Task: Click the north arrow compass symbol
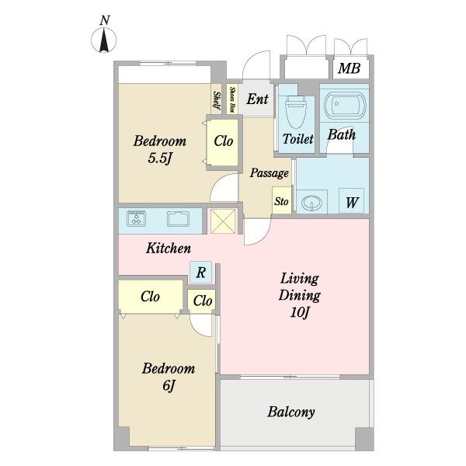tap(104, 40)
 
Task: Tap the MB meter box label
tap(349, 68)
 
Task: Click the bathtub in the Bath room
tap(345, 106)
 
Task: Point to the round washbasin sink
tap(311, 203)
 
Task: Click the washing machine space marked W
tap(352, 201)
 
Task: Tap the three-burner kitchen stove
tap(136, 218)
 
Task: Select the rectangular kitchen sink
tap(178, 219)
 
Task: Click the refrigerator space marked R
tap(201, 272)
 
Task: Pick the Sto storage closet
tap(281, 200)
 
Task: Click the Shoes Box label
tap(233, 99)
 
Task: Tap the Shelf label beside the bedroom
tap(217, 100)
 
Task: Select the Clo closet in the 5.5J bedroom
tap(223, 142)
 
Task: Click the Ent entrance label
tap(257, 99)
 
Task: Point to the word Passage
tap(270, 173)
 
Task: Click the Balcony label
tap(291, 412)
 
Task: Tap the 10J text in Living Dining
tap(300, 312)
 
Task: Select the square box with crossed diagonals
tap(223, 221)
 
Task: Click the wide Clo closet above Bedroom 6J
tap(151, 297)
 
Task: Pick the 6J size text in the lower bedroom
tap(169, 386)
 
